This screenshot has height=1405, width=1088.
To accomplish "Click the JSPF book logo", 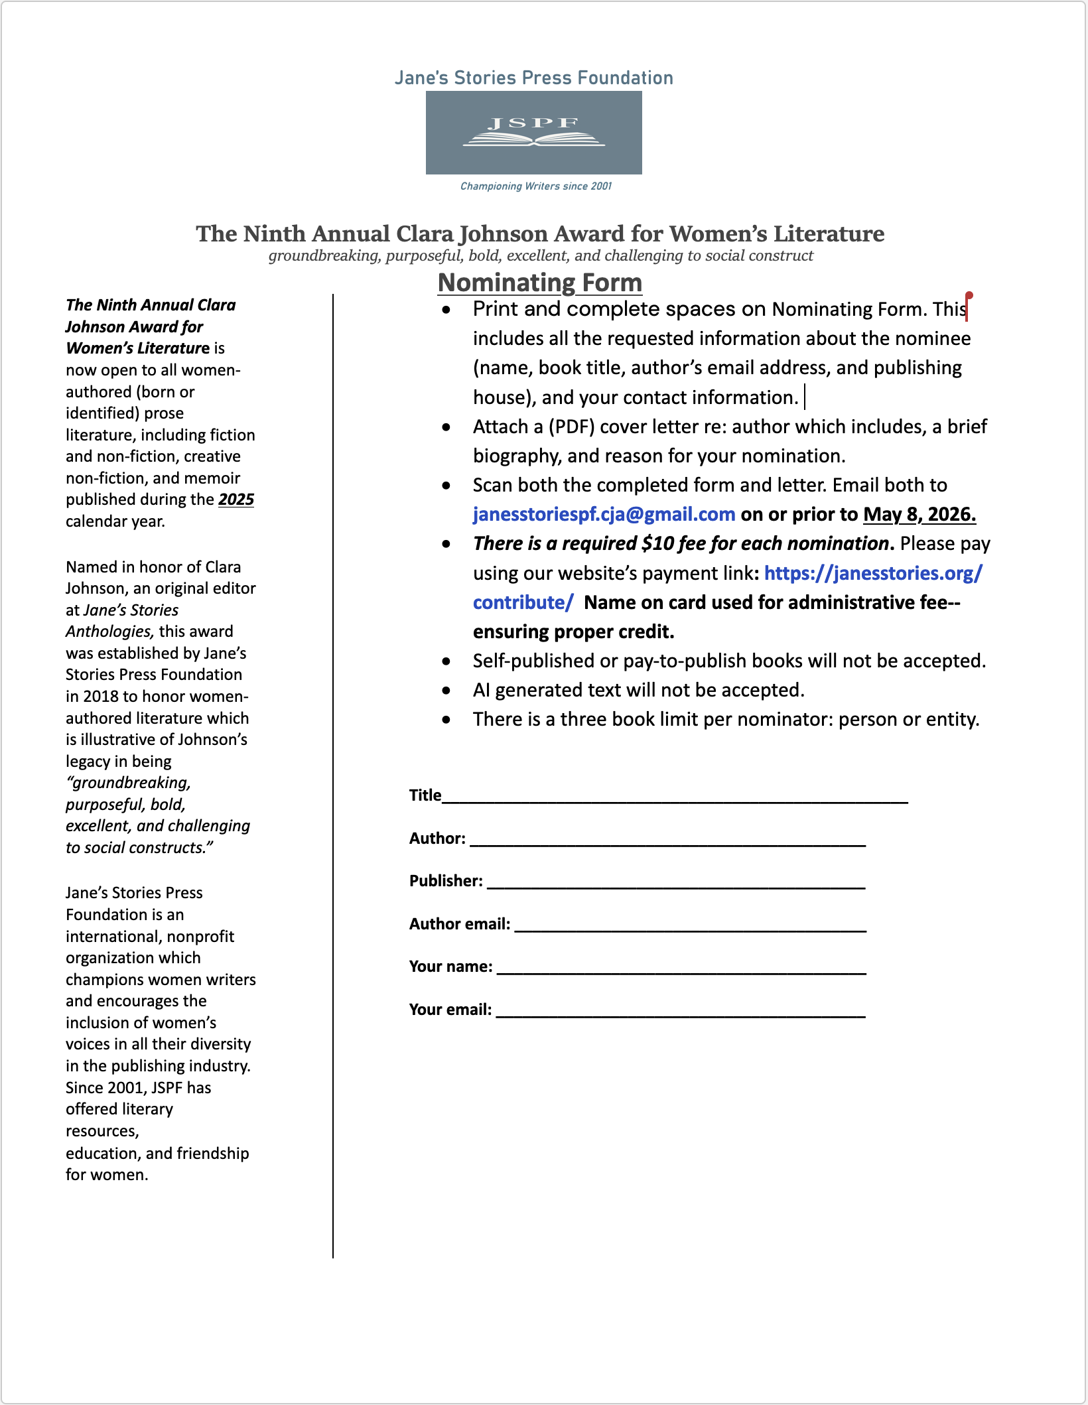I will (533, 133).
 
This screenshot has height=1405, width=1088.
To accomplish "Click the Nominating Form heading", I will (540, 283).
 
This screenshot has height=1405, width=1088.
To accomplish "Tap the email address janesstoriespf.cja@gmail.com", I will (604, 514).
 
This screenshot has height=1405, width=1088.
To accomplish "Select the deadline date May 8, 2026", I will (919, 514).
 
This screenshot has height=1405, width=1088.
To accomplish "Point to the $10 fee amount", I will (657, 544).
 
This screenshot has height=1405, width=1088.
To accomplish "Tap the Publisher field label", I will (446, 881).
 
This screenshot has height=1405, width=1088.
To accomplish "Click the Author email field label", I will (460, 924).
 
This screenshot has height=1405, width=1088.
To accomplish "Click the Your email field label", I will (450, 1010).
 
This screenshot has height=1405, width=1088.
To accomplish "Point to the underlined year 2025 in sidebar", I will (236, 500).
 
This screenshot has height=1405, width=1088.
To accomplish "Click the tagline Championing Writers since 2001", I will (536, 186).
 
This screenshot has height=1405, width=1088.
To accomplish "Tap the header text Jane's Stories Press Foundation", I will (533, 78).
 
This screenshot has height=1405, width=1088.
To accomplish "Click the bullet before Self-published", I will (446, 661).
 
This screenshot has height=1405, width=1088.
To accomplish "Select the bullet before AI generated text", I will (446, 691).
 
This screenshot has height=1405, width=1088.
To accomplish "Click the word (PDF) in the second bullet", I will (571, 427).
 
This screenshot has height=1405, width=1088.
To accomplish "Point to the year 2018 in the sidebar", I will (101, 697).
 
